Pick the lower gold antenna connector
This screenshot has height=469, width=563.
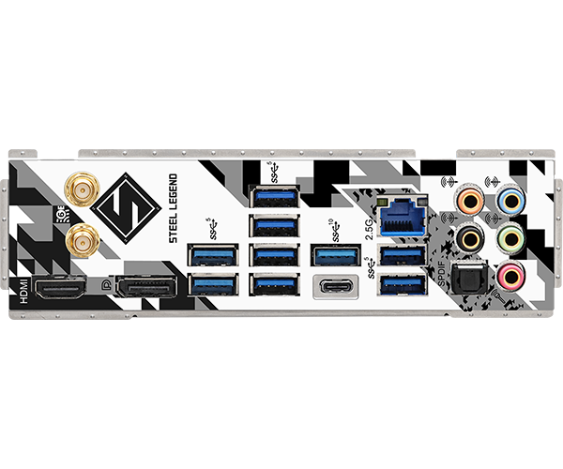(83, 242)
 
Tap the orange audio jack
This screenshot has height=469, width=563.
(468, 200)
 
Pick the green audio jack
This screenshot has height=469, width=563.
(510, 235)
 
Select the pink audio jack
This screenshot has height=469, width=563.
(510, 275)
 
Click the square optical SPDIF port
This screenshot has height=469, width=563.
(466, 280)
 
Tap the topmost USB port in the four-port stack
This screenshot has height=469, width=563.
(273, 196)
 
